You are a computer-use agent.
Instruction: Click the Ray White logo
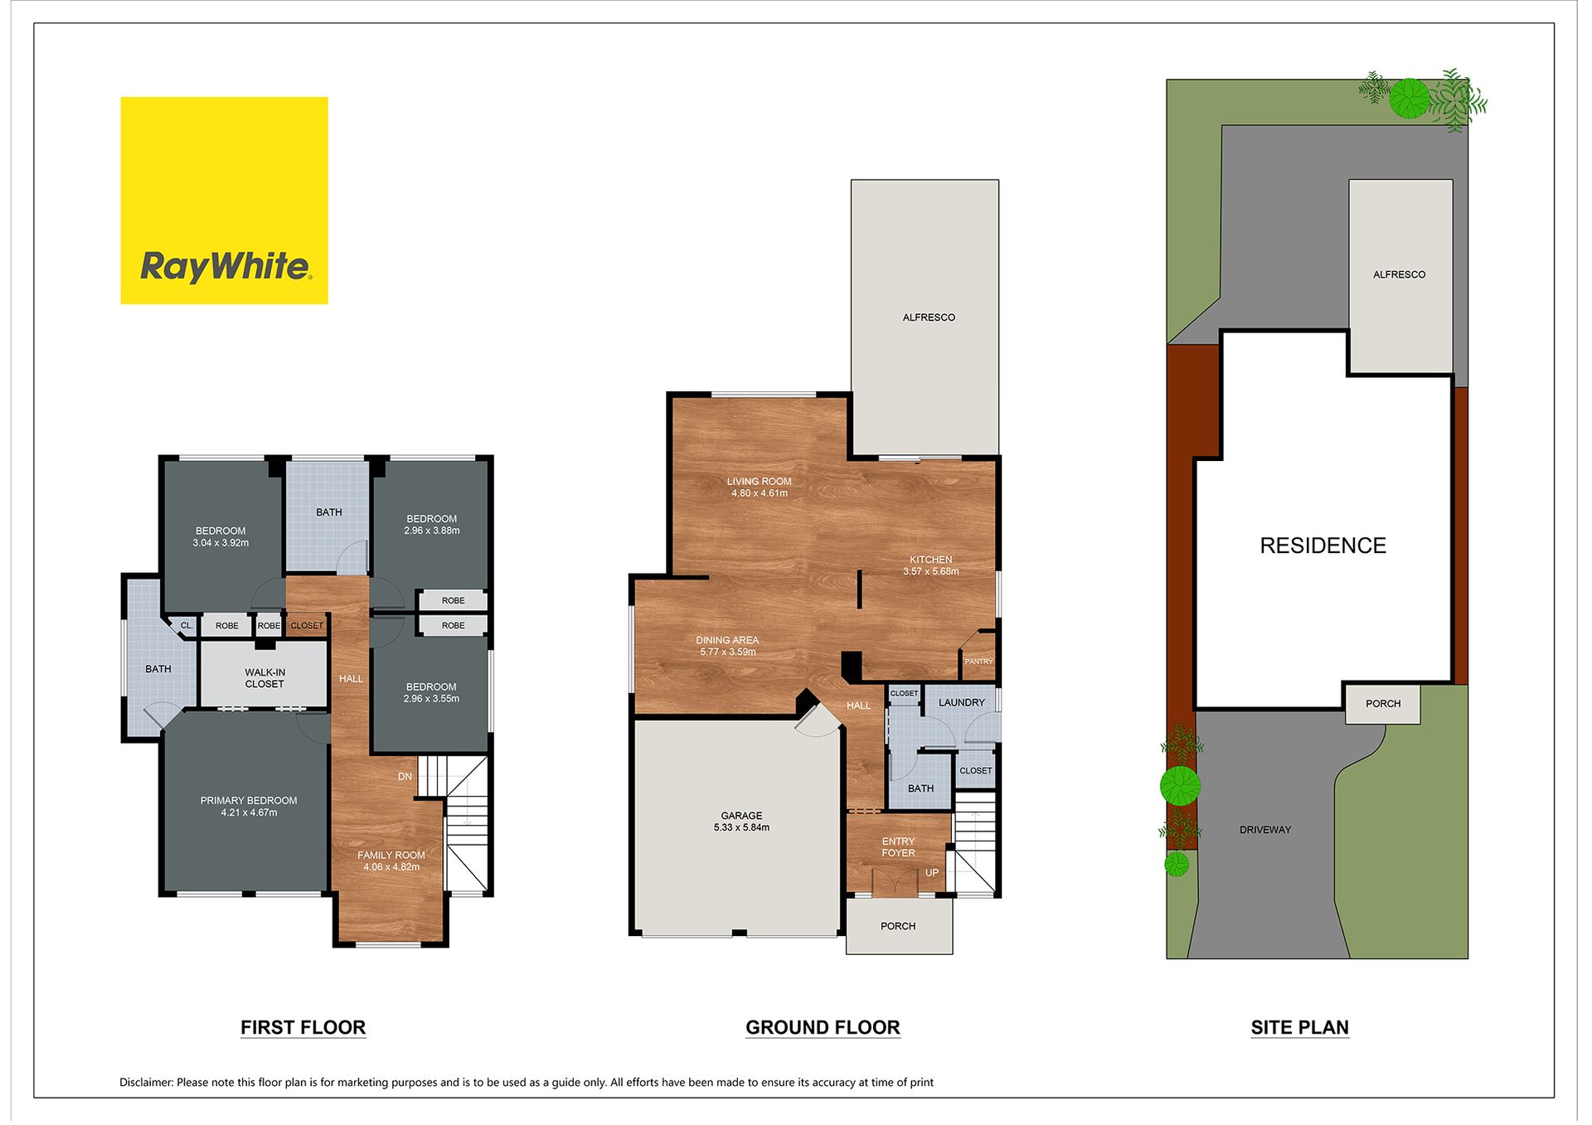point(224,201)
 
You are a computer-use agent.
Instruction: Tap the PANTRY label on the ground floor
point(978,662)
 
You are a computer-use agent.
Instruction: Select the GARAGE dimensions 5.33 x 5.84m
point(741,827)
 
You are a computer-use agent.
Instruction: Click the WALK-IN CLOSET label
point(265,678)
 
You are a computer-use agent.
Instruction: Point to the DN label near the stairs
point(405,777)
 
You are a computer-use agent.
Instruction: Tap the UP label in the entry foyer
point(932,873)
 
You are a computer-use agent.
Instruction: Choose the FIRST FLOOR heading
point(303,1028)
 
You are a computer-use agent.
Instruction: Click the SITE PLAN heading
point(1299,1028)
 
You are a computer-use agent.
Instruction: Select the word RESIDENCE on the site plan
point(1323,546)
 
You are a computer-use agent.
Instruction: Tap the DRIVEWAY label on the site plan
point(1265,830)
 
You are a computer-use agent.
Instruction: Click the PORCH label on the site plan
point(1383,704)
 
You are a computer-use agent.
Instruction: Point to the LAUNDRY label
point(962,703)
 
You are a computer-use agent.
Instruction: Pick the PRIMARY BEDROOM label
point(249,801)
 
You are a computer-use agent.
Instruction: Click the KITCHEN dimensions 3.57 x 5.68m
point(931,571)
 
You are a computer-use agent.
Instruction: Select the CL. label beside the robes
point(187,626)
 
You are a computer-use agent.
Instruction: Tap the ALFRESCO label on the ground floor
point(929,318)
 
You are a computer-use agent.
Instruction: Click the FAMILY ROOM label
point(391,856)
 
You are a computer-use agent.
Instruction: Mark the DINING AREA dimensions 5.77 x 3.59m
point(728,652)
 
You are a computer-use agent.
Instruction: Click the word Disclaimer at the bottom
point(146,1083)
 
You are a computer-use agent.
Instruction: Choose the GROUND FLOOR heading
point(823,1028)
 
